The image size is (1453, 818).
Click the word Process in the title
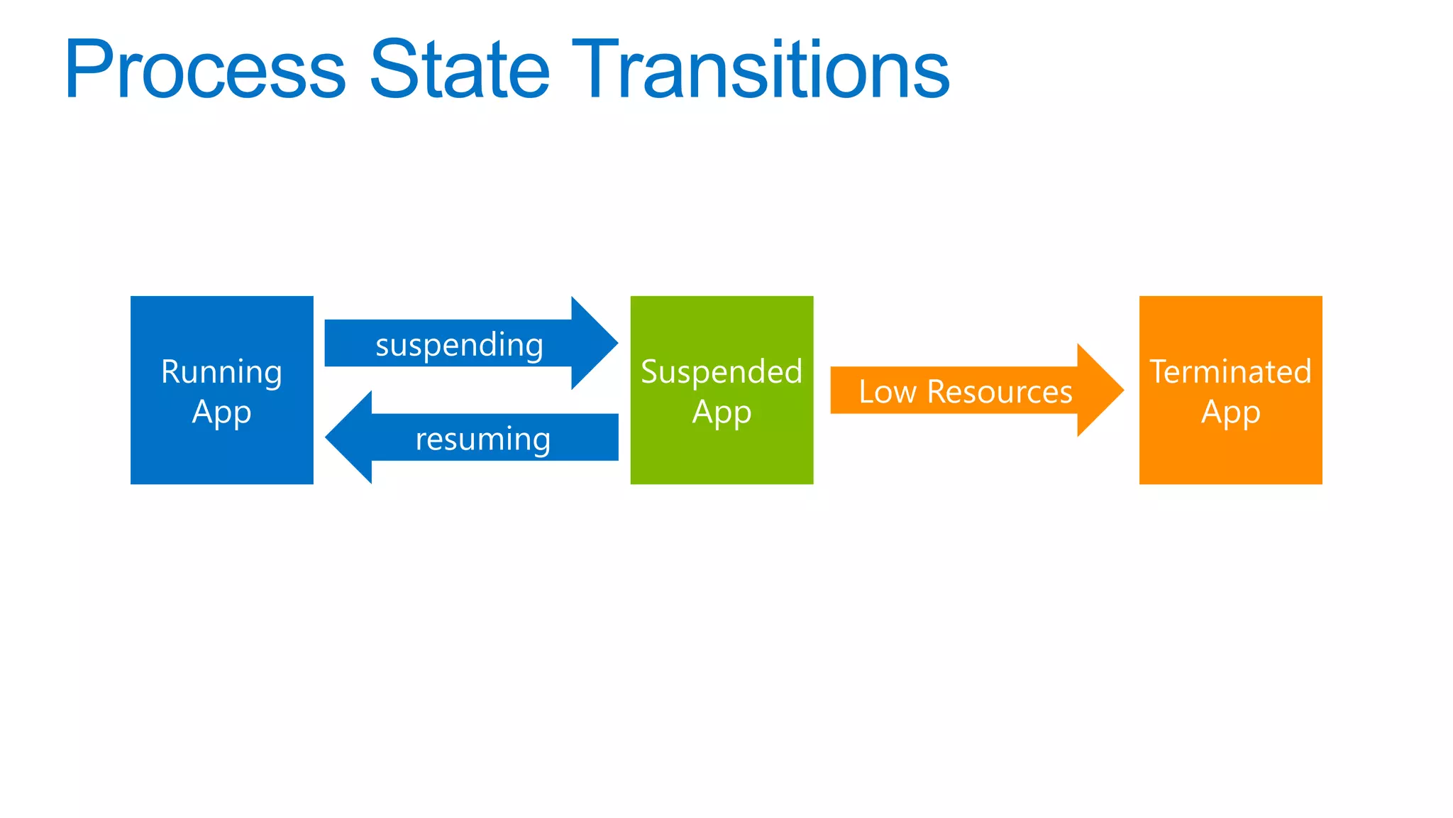tap(205, 70)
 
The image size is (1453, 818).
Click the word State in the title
tap(460, 70)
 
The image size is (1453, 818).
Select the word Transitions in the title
tap(761, 70)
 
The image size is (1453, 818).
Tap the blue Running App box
tap(221, 454)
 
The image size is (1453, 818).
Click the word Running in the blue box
tap(221, 372)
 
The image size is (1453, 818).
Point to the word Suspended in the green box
tap(722, 372)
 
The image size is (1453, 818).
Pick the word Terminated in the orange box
tap(1230, 372)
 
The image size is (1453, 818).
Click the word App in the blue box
tap(221, 413)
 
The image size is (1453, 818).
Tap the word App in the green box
tap(722, 413)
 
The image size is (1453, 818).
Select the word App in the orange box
tap(1230, 413)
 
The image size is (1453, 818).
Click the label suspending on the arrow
tap(459, 345)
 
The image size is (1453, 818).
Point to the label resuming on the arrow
tap(483, 440)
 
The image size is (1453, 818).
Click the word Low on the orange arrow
tap(888, 392)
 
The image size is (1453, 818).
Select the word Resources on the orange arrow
tap(1000, 392)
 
